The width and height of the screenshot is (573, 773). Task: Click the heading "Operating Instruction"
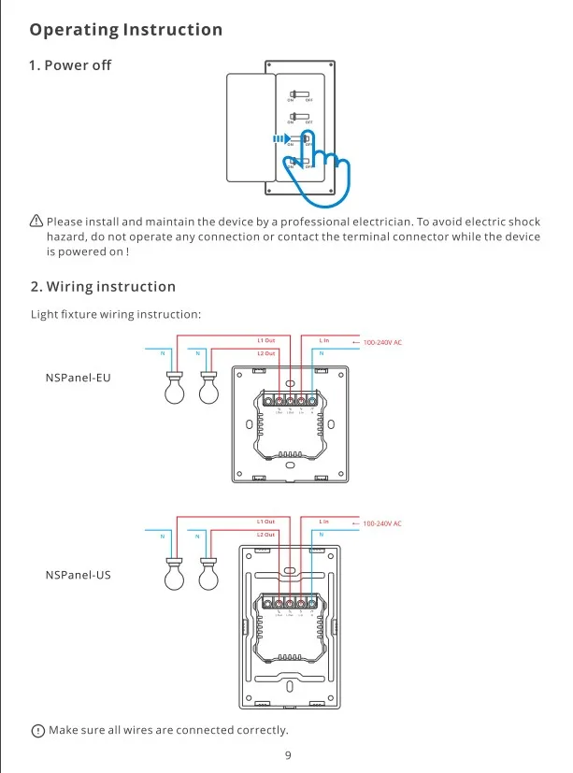click(x=126, y=30)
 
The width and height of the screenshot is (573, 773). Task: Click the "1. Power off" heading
click(x=70, y=65)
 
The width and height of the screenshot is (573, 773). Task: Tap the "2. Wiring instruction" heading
click(x=103, y=286)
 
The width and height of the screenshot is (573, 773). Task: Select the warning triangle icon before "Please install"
click(x=36, y=222)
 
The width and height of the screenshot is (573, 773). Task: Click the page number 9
click(x=288, y=754)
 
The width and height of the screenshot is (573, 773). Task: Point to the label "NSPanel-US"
click(x=79, y=574)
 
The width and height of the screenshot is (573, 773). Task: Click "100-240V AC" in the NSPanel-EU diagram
click(x=381, y=343)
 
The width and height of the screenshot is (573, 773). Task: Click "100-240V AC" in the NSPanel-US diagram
click(x=381, y=523)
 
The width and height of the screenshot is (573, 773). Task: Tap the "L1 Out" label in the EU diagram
click(x=266, y=341)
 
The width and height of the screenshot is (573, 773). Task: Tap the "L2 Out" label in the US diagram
click(x=266, y=535)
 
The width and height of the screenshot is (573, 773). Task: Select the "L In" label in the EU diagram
click(x=324, y=341)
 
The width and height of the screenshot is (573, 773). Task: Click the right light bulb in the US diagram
click(x=208, y=576)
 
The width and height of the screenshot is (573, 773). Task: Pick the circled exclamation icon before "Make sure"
click(x=37, y=730)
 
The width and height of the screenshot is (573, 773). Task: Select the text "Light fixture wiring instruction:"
click(x=116, y=315)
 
